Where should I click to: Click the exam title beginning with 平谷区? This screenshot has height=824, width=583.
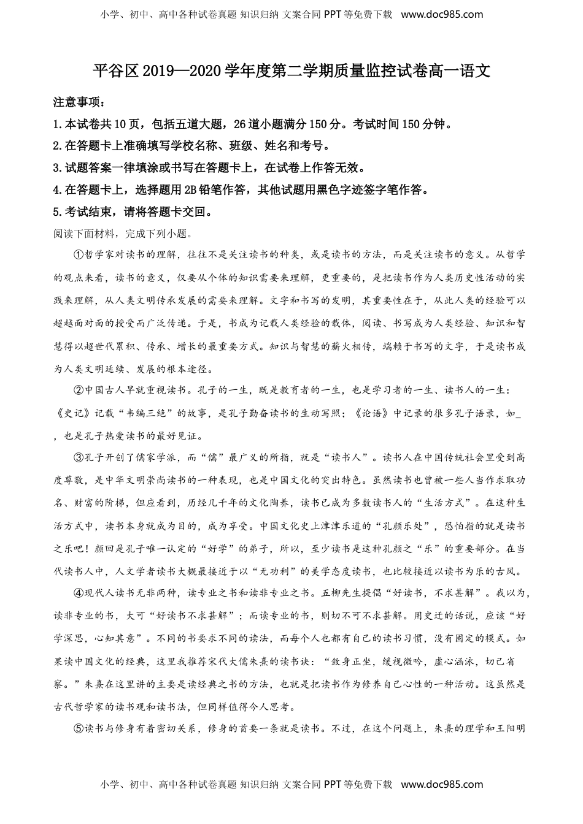[291, 71]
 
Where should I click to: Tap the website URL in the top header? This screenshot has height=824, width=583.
[442, 14]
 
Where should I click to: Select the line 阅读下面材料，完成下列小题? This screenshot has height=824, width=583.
[123, 234]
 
